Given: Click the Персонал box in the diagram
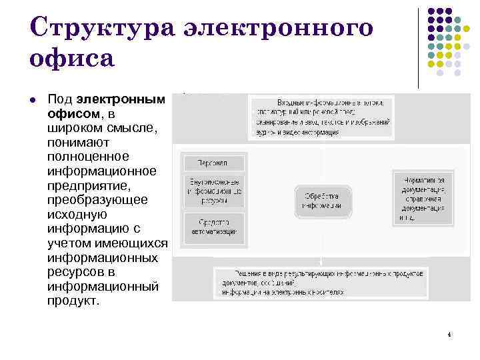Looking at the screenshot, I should click(x=213, y=163).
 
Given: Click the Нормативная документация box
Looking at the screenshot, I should click(x=421, y=199).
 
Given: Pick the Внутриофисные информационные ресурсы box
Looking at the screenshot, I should click(x=213, y=191).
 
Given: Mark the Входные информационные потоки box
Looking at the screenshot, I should click(x=321, y=117).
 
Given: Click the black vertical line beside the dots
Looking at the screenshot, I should click(x=418, y=48).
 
